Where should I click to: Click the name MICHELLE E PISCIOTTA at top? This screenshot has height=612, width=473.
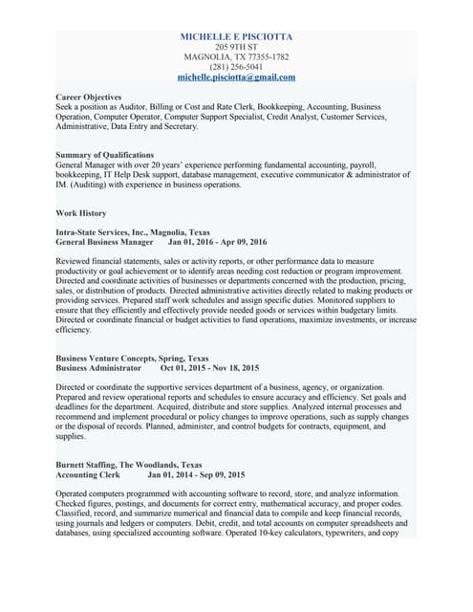(x=236, y=36)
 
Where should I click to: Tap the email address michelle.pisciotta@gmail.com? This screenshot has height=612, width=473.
(x=236, y=77)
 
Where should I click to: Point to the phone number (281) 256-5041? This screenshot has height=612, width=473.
(x=236, y=67)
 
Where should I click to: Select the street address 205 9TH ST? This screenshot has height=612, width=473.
(x=236, y=47)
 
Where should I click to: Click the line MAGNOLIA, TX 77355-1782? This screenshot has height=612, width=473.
(x=236, y=57)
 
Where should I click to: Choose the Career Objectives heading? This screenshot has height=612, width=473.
(x=89, y=98)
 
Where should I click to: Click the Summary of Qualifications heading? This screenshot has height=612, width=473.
(x=105, y=154)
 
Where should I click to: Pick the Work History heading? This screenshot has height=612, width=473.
(x=81, y=212)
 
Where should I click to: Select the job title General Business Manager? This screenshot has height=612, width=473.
(x=104, y=243)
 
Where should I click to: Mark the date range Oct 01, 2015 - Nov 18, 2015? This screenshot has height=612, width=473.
(x=209, y=367)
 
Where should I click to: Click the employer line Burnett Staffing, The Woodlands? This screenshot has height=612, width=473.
(x=129, y=465)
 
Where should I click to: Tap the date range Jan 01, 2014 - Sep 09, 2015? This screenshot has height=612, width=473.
(x=196, y=474)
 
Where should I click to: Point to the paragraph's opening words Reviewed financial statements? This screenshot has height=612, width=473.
(x=110, y=261)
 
